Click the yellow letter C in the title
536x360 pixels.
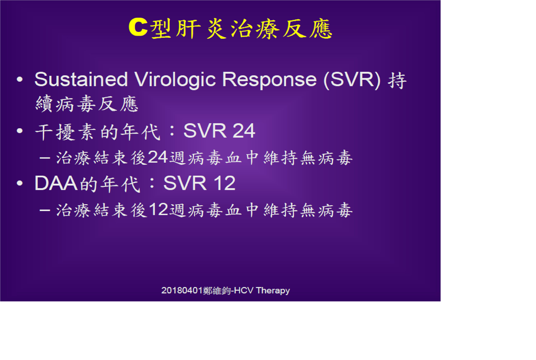tap(138, 27)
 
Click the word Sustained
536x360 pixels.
tap(81, 79)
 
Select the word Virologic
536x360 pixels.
tap(175, 80)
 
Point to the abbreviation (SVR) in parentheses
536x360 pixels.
tap(352, 80)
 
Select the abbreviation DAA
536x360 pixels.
tap(57, 184)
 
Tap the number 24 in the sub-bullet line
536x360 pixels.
tap(158, 157)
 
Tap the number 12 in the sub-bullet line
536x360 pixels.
tap(158, 209)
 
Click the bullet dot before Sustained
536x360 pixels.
tap(20, 80)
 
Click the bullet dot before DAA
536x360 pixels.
tap(20, 184)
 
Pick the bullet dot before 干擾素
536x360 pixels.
tap(20, 131)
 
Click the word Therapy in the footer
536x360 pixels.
tap(273, 290)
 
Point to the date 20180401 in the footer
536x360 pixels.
tap(182, 290)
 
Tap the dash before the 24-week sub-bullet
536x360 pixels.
tap(45, 158)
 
